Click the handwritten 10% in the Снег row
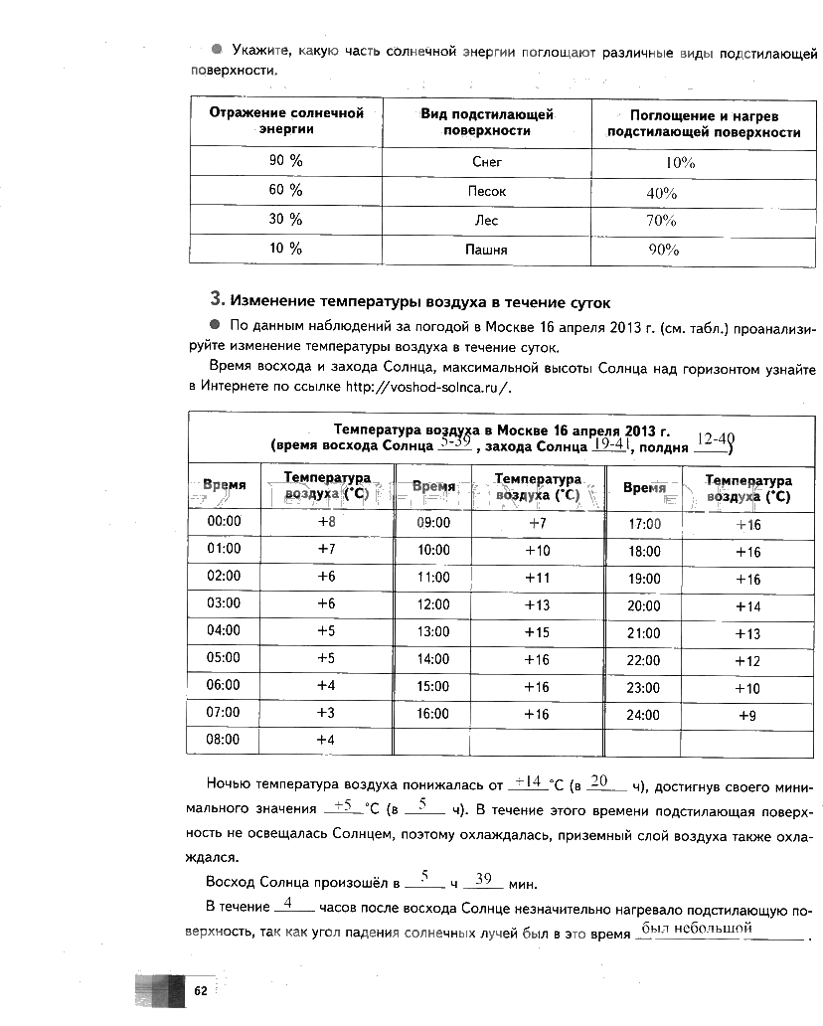[680, 163]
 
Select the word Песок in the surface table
[486, 191]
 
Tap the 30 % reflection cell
[285, 219]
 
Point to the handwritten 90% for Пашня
[663, 251]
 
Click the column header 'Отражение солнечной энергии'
[286, 120]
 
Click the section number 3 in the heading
[215, 299]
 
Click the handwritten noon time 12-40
[716, 438]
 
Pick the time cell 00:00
[224, 521]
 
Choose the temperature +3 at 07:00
[325, 712]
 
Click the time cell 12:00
[433, 603]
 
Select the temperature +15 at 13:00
[537, 631]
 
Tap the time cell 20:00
[644, 606]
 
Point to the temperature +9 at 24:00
[747, 715]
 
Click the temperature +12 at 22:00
[747, 661]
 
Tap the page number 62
[200, 990]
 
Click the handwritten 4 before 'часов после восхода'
[286, 904]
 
